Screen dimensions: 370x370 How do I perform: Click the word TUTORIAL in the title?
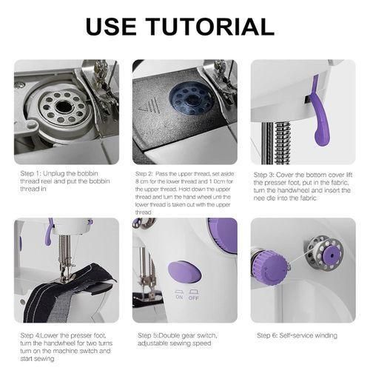click(x=212, y=27)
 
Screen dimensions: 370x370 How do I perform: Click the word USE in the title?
click(x=111, y=27)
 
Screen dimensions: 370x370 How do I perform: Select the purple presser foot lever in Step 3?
click(x=318, y=111)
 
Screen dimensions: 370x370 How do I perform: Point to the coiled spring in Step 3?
click(x=283, y=142)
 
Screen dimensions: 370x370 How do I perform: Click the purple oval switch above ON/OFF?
click(x=185, y=272)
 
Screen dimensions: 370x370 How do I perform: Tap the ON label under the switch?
click(x=179, y=297)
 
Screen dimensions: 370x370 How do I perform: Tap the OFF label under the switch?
click(x=194, y=298)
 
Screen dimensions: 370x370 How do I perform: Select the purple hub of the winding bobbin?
click(x=331, y=255)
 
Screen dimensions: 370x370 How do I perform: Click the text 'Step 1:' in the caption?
click(x=31, y=173)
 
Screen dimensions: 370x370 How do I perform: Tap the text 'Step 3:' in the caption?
click(x=264, y=175)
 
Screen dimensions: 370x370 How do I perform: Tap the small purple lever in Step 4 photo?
click(x=49, y=232)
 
